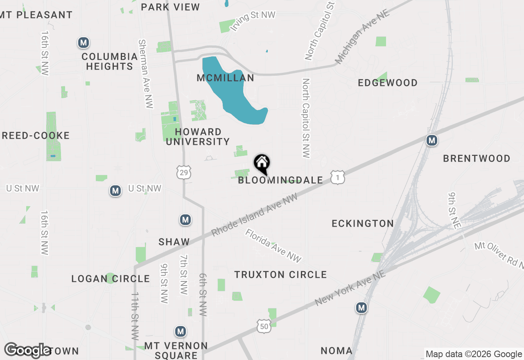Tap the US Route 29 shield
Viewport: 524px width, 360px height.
(x=184, y=173)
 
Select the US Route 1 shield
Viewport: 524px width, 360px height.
(x=338, y=178)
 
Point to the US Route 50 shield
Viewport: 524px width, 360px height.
(x=264, y=326)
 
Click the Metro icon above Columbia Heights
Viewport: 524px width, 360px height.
(x=84, y=43)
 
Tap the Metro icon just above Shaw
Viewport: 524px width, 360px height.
(x=185, y=220)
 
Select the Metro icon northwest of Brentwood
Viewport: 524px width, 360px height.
(x=431, y=140)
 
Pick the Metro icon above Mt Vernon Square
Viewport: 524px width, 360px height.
(x=180, y=331)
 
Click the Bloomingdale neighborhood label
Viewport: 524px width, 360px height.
(x=280, y=180)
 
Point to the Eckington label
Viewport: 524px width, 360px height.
(x=363, y=223)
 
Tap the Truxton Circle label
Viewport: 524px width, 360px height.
(x=280, y=275)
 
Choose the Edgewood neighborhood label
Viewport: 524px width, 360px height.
(x=387, y=83)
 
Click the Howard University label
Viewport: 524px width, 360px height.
(x=198, y=137)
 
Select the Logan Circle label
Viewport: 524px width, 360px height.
(x=111, y=279)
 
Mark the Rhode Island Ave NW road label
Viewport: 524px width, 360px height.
(x=254, y=215)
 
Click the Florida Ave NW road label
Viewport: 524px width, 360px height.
(x=273, y=245)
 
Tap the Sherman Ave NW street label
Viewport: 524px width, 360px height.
(x=146, y=74)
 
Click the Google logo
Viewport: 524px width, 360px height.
(x=27, y=350)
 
